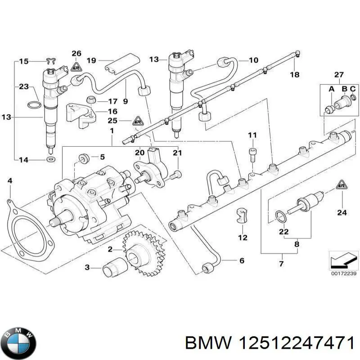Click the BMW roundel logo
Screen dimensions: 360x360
coord(18,341)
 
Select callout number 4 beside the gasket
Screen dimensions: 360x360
coord(10,181)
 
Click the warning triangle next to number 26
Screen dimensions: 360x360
coord(76,67)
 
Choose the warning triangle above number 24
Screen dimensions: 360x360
coord(342,184)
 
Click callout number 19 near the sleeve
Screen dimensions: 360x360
coord(91,60)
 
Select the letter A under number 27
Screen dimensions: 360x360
coord(332,89)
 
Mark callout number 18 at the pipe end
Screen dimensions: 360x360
coord(294,74)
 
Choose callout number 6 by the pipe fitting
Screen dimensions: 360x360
coord(242,261)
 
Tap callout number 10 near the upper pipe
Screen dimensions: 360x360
coord(253,60)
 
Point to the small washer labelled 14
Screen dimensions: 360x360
coord(49,159)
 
